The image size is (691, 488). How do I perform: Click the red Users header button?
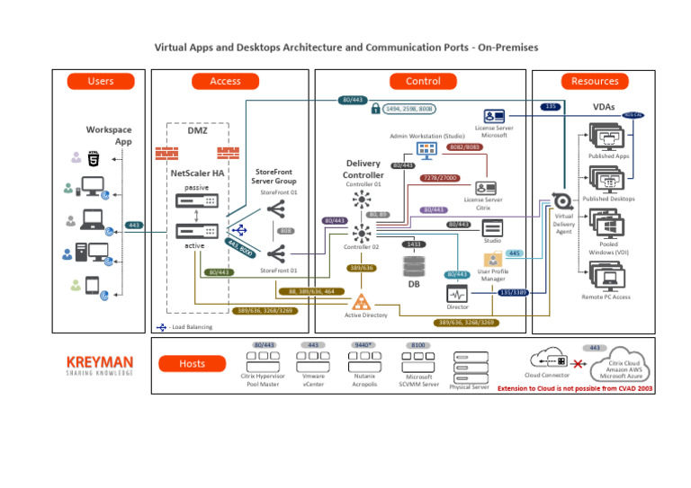[x=101, y=81]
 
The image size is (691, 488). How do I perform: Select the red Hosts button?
[x=192, y=364]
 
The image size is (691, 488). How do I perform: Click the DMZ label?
[x=197, y=130]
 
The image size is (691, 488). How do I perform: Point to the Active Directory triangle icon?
[x=362, y=301]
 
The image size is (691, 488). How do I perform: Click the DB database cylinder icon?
[x=414, y=266]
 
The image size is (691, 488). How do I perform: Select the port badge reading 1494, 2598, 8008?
[x=409, y=109]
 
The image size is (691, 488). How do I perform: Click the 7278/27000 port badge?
[x=440, y=178]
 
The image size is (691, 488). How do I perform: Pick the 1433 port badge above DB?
[x=414, y=244]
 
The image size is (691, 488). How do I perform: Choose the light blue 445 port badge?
[x=515, y=254]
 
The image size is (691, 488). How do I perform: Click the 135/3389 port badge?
[x=513, y=292]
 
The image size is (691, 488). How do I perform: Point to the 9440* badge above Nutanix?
[x=364, y=344]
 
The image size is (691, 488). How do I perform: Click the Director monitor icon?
[x=457, y=294]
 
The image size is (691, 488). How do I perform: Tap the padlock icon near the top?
[x=375, y=109]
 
